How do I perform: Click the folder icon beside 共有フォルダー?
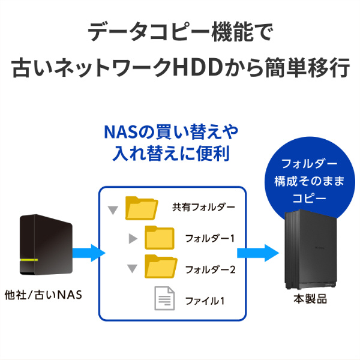coord(141,208)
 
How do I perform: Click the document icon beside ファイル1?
coord(164,298)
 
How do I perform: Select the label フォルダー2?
coord(209,269)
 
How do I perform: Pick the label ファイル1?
coord(204,299)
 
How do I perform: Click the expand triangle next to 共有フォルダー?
coord(112,210)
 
